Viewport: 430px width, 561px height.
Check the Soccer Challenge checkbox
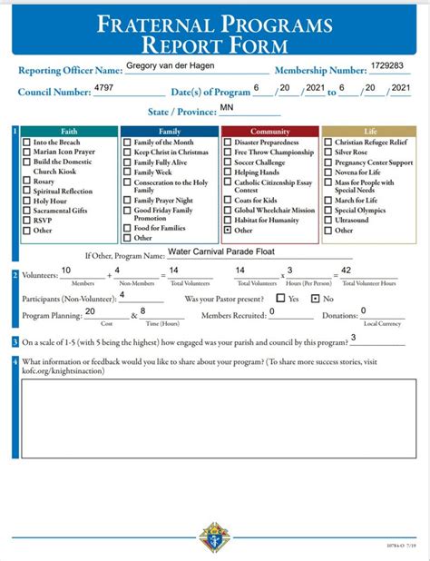228,162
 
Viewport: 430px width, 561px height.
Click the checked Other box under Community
228,231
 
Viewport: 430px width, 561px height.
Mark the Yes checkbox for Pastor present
280,298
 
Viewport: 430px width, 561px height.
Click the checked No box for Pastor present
315,298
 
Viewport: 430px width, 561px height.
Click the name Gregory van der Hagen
172,67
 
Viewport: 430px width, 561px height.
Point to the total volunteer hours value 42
347,271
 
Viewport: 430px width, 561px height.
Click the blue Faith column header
69,132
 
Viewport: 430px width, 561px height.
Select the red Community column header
269,132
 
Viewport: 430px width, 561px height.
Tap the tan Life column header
369,132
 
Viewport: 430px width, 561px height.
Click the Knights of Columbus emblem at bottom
214,537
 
